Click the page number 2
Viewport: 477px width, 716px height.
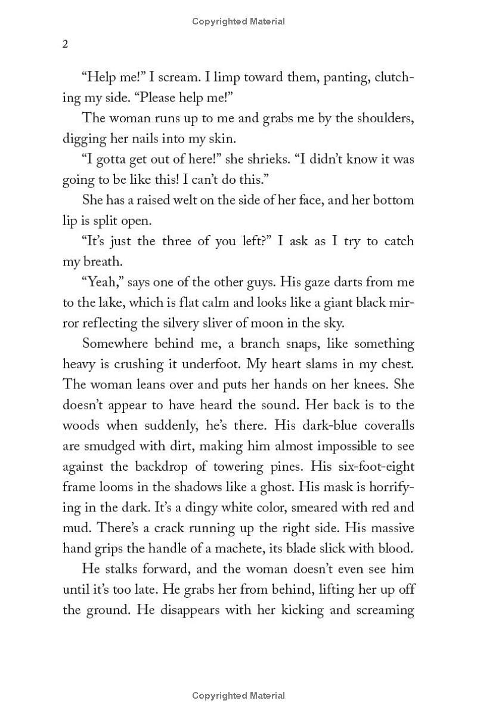click(66, 45)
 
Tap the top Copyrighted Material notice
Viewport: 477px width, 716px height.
click(238, 21)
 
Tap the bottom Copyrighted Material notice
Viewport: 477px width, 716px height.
click(238, 695)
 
